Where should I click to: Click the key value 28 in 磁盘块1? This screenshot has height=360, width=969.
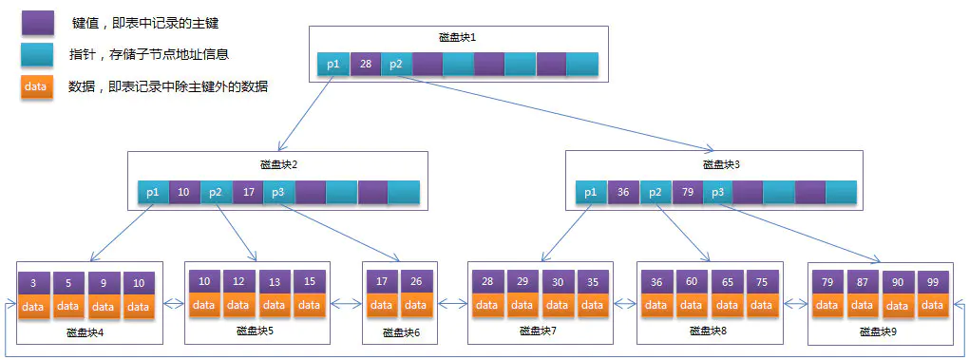tap(365, 65)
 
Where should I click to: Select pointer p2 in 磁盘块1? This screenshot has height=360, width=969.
tap(396, 65)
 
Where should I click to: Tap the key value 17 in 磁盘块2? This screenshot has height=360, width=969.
tap(247, 192)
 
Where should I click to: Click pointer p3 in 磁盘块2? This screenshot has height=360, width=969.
tap(278, 192)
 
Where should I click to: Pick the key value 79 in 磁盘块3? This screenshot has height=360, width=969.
tap(686, 193)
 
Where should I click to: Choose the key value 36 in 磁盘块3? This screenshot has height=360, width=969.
tap(623, 193)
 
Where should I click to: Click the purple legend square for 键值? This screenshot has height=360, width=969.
tap(38, 23)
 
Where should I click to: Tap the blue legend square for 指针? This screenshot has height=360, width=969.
tap(38, 55)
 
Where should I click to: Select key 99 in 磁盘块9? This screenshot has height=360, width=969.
tap(932, 282)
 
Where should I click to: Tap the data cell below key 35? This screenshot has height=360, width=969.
tap(592, 305)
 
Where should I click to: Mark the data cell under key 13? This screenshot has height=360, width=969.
tap(275, 305)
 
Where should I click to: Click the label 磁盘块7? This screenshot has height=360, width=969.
tap(538, 332)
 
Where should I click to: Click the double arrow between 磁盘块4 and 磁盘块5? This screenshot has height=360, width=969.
tap(173, 305)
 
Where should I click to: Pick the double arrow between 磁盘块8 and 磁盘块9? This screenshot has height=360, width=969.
tap(794, 305)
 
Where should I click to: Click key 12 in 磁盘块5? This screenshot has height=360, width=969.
tap(239, 282)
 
